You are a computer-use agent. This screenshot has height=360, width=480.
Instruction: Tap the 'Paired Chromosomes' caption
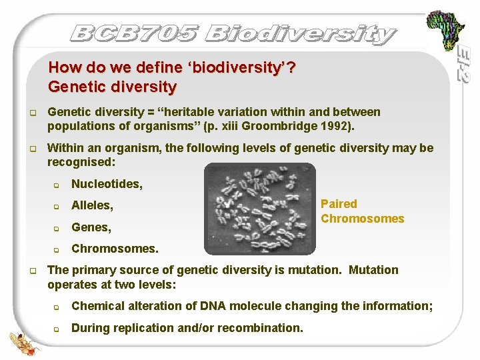pyautogui.click(x=362, y=211)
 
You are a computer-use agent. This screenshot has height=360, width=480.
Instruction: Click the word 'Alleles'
pyautogui.click(x=91, y=205)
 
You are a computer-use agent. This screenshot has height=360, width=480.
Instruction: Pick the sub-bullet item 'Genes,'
pyautogui.click(x=91, y=227)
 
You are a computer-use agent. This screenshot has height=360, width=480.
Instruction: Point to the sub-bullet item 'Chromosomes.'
pyautogui.click(x=115, y=249)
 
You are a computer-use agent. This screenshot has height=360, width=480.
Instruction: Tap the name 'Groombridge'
pyautogui.click(x=291, y=125)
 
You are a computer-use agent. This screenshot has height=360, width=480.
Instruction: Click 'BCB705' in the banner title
pyautogui.click(x=133, y=33)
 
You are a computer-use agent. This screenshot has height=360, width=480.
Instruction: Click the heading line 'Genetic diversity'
pyautogui.click(x=113, y=87)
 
